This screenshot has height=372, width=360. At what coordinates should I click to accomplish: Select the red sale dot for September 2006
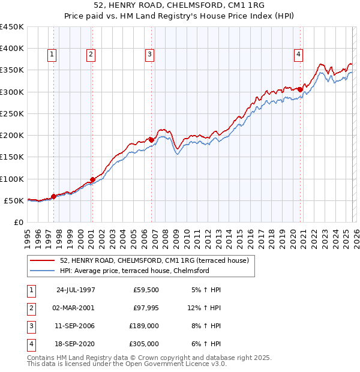click(152, 140)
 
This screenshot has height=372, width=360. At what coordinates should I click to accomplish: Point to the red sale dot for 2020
click(300, 89)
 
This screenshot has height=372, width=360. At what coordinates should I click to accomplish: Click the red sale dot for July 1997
click(53, 196)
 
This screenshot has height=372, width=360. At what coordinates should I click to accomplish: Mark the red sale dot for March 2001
click(92, 179)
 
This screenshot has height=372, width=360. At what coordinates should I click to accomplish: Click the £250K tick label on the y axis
click(12, 113)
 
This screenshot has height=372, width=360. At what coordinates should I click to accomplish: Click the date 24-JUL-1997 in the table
click(76, 290)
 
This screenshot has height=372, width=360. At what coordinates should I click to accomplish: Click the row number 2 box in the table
click(30, 308)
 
